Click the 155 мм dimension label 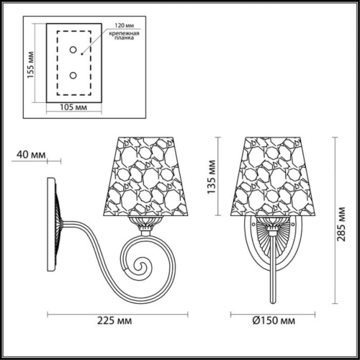(x=30, y=65)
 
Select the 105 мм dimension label (x=73, y=107)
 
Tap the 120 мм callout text (x=124, y=25)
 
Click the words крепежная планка (x=124, y=35)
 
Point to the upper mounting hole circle (x=73, y=50)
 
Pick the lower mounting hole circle (x=73, y=76)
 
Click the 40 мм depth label (x=31, y=155)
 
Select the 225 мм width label (x=114, y=320)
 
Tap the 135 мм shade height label (x=211, y=177)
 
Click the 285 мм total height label (x=341, y=224)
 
